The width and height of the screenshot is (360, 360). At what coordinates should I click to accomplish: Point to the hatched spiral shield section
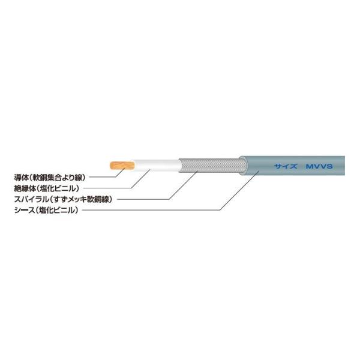(210, 163)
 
